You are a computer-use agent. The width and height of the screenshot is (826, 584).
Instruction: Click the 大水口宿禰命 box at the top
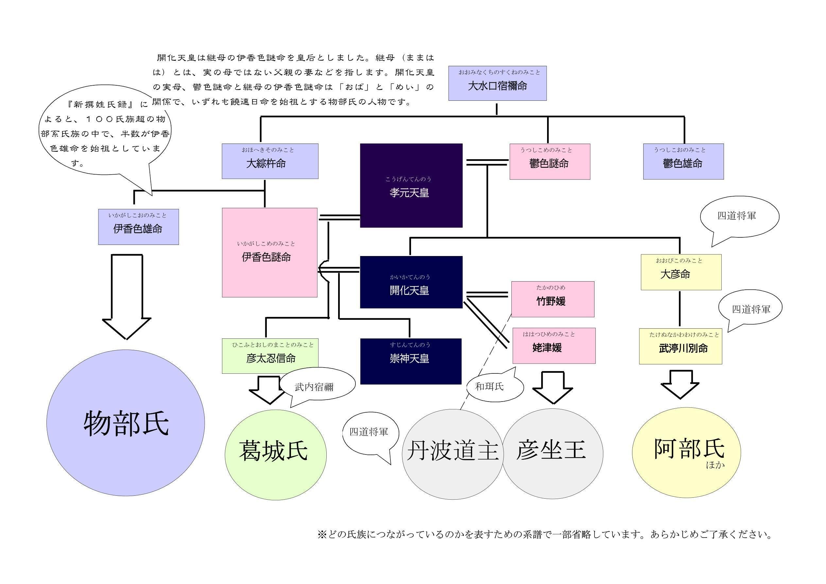[497, 83]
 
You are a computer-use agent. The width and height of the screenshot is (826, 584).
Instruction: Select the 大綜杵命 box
[270, 161]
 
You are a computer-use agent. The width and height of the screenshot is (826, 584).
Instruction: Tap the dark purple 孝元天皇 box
[411, 185]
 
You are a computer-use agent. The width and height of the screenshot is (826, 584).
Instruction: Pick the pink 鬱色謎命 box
[549, 162]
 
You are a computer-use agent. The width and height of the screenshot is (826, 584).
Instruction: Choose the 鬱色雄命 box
[683, 162]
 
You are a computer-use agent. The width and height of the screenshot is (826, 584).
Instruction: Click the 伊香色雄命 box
[138, 227]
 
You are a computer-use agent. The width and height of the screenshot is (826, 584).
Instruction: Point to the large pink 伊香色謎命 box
[269, 253]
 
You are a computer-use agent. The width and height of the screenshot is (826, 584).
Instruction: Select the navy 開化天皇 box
[411, 283]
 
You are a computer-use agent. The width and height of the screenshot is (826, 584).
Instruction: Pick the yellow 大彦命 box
[681, 272]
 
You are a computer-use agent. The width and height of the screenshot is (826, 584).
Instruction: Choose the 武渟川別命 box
[680, 346]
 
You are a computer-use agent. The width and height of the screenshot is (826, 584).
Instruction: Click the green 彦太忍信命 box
[270, 356]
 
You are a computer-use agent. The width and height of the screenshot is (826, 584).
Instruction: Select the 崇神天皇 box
[410, 361]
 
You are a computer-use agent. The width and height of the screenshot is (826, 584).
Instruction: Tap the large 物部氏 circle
[126, 423]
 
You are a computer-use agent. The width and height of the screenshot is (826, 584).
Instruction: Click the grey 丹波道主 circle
[452, 454]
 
